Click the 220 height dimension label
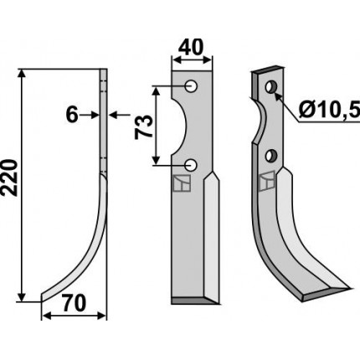point(10,177)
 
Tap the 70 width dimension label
point(74,304)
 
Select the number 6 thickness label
point(72,115)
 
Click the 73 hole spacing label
point(144,127)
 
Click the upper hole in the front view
point(192,86)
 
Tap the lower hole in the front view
point(192,165)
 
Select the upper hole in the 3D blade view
point(270,86)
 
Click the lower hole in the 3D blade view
point(270,156)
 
